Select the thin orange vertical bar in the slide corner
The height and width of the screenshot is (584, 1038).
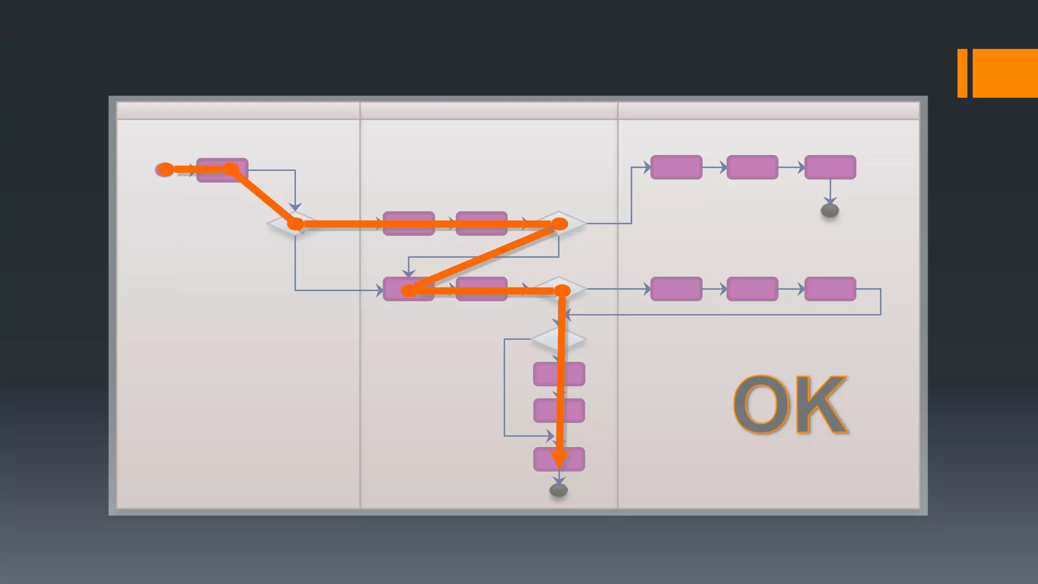[x=962, y=73]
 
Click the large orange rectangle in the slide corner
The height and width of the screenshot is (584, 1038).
[x=1005, y=73]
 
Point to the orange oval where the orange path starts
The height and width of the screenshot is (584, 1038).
[x=165, y=169]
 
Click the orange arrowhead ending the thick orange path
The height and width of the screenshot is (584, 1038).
[x=560, y=458]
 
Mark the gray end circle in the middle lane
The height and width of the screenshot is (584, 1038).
[x=559, y=490]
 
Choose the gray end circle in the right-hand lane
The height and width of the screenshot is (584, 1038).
[x=830, y=210]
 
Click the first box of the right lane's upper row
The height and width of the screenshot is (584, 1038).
[x=676, y=167]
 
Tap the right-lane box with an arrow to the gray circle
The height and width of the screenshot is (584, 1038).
[x=830, y=167]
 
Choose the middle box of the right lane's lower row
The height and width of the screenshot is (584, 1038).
[x=752, y=289]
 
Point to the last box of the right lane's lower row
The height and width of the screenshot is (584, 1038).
[x=830, y=289]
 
